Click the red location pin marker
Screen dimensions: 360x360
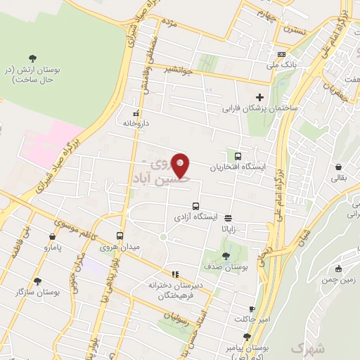pos(181,165)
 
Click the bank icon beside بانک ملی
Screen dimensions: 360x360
pos(282,55)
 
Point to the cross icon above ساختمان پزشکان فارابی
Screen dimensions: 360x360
pos(260,98)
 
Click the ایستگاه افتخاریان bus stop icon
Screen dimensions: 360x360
pos(238,156)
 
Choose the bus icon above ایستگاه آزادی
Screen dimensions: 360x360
pos(195,205)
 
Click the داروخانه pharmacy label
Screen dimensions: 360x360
pos(137,123)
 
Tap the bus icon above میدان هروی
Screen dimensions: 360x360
pos(120,236)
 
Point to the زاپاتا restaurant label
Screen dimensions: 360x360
pos(233,229)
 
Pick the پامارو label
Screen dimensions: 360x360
pos(52,247)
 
